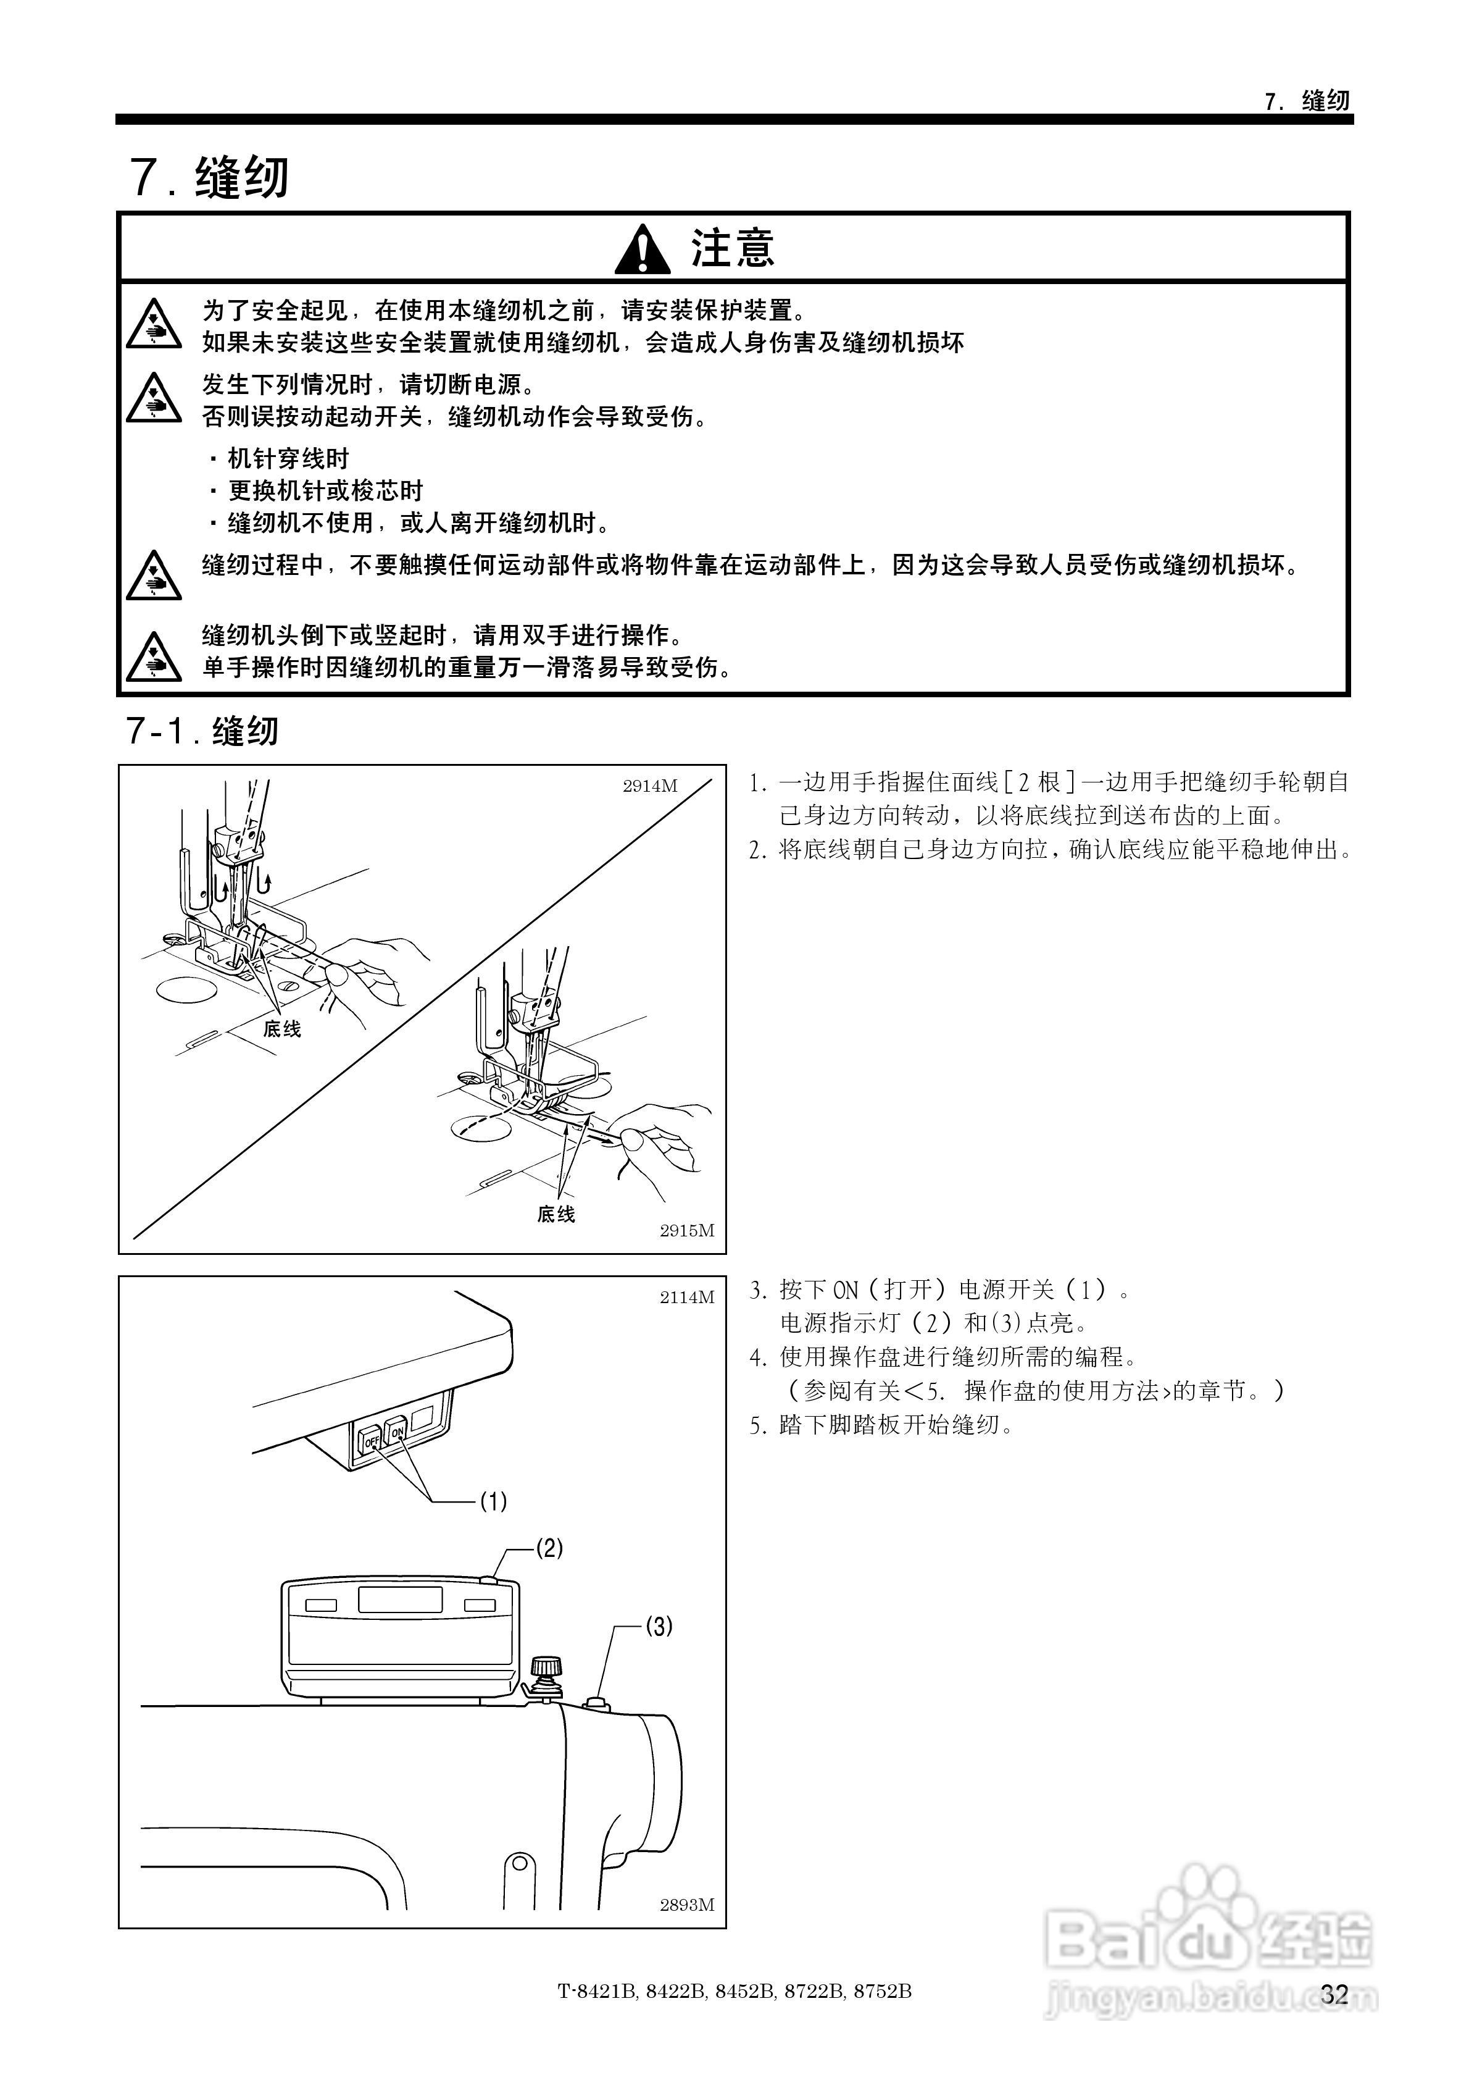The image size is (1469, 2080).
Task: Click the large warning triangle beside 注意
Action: [642, 249]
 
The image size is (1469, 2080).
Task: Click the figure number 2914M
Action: [649, 786]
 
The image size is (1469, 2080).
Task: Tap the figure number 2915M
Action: [686, 1230]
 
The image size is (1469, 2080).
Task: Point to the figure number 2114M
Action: [686, 1298]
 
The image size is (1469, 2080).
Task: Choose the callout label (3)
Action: [659, 1626]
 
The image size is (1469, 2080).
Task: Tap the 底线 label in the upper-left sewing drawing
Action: [281, 1029]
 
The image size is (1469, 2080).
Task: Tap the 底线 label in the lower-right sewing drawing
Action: [556, 1214]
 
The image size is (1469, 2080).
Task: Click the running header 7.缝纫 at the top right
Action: [1307, 101]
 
